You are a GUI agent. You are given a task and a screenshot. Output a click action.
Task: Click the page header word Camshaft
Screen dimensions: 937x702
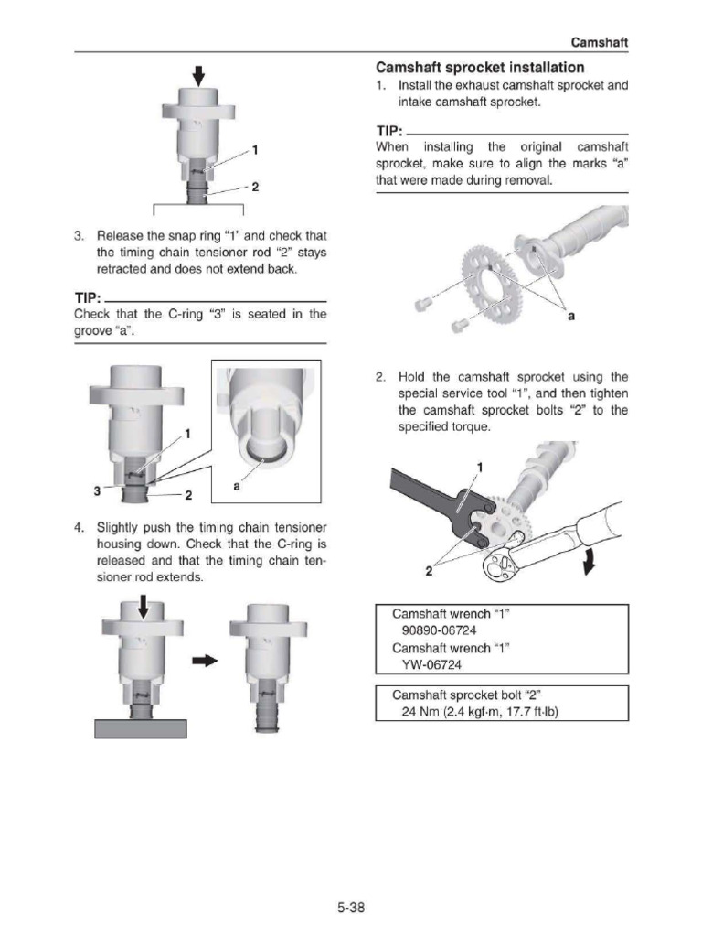click(600, 42)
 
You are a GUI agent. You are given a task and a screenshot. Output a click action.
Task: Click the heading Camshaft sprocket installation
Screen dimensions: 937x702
click(480, 68)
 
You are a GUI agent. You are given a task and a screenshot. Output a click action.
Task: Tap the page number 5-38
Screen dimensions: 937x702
click(350, 909)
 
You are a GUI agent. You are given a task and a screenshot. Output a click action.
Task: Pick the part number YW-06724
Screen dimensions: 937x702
click(427, 665)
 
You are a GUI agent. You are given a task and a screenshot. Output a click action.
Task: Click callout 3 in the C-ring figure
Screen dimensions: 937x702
click(96, 490)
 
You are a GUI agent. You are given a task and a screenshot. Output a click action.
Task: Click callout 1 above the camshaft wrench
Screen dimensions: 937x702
click(478, 468)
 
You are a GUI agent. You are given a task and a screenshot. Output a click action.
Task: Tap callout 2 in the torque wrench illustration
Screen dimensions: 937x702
click(428, 572)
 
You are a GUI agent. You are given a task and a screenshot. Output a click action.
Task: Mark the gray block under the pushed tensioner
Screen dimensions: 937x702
click(141, 728)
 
